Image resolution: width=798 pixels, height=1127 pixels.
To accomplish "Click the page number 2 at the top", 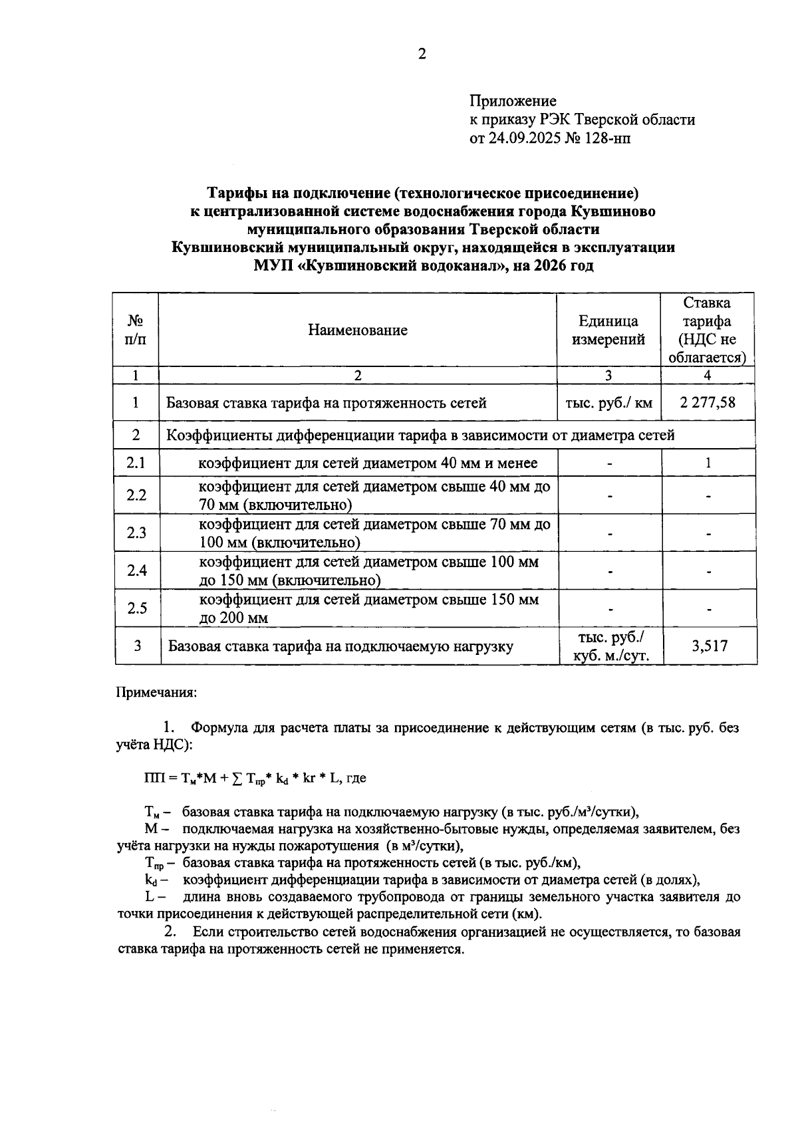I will [421, 55].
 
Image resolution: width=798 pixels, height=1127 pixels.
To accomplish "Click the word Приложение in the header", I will [513, 101].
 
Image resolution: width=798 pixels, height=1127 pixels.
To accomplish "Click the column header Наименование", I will [358, 330].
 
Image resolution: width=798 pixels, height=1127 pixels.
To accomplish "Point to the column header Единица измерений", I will [608, 330].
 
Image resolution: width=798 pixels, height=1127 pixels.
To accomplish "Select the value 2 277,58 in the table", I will [708, 402].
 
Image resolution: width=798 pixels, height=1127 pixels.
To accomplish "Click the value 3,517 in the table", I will [709, 646].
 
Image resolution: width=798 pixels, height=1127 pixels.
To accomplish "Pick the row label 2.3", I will [136, 533].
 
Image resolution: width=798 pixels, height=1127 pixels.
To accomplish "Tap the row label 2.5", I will [136, 608].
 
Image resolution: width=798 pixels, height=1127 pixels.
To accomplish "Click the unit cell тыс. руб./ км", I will [608, 402].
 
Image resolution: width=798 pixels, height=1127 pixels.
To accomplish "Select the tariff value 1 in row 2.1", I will [708, 463].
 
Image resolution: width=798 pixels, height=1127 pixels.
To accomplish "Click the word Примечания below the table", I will [157, 692].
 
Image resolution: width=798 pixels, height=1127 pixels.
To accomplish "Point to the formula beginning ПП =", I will [255, 778].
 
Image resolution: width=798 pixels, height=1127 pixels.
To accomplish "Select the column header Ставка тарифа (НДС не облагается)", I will [708, 330].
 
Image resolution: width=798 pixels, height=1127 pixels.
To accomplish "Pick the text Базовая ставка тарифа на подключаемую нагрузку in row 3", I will [340, 646].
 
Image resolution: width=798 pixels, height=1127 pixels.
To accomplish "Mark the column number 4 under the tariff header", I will [708, 375].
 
